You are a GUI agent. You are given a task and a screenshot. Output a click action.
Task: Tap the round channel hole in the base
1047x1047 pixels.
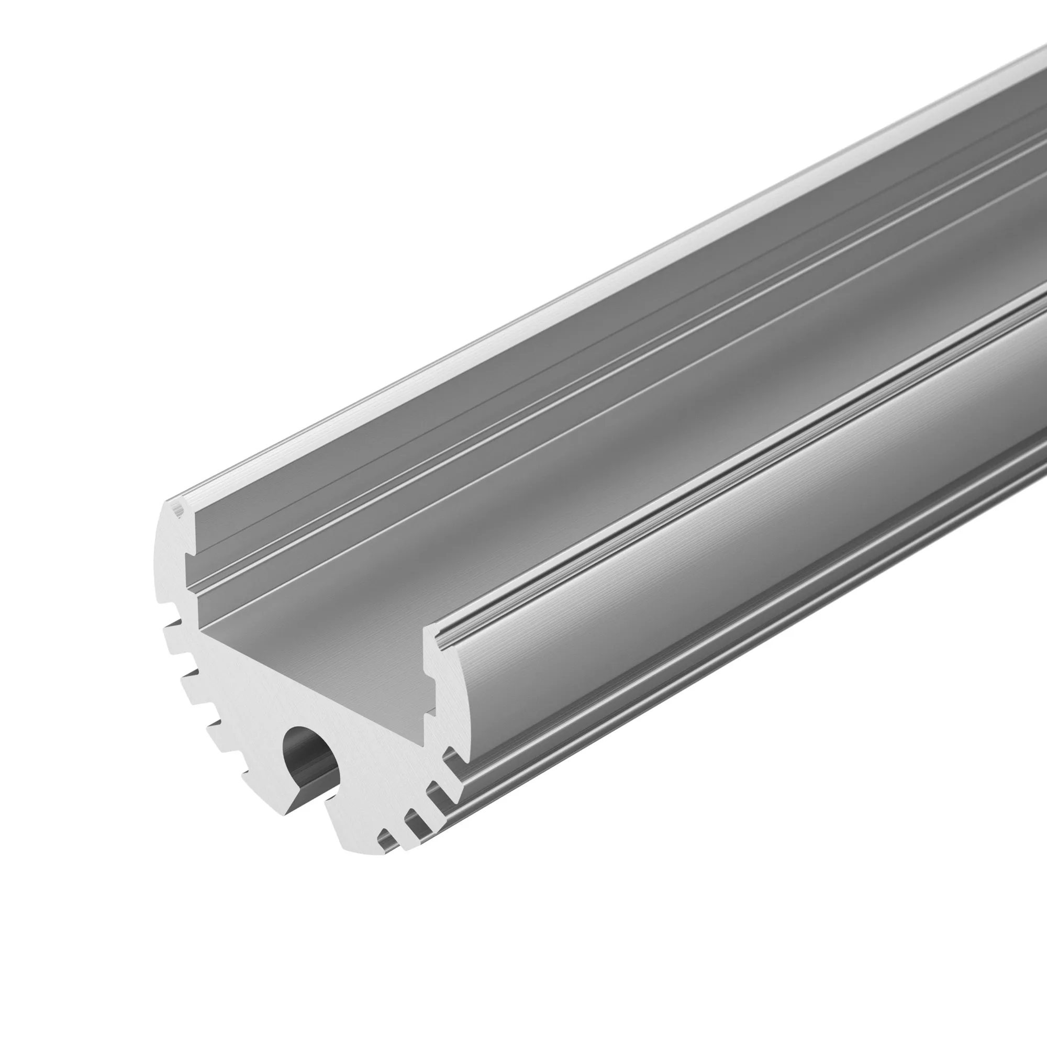pos(308,751)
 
